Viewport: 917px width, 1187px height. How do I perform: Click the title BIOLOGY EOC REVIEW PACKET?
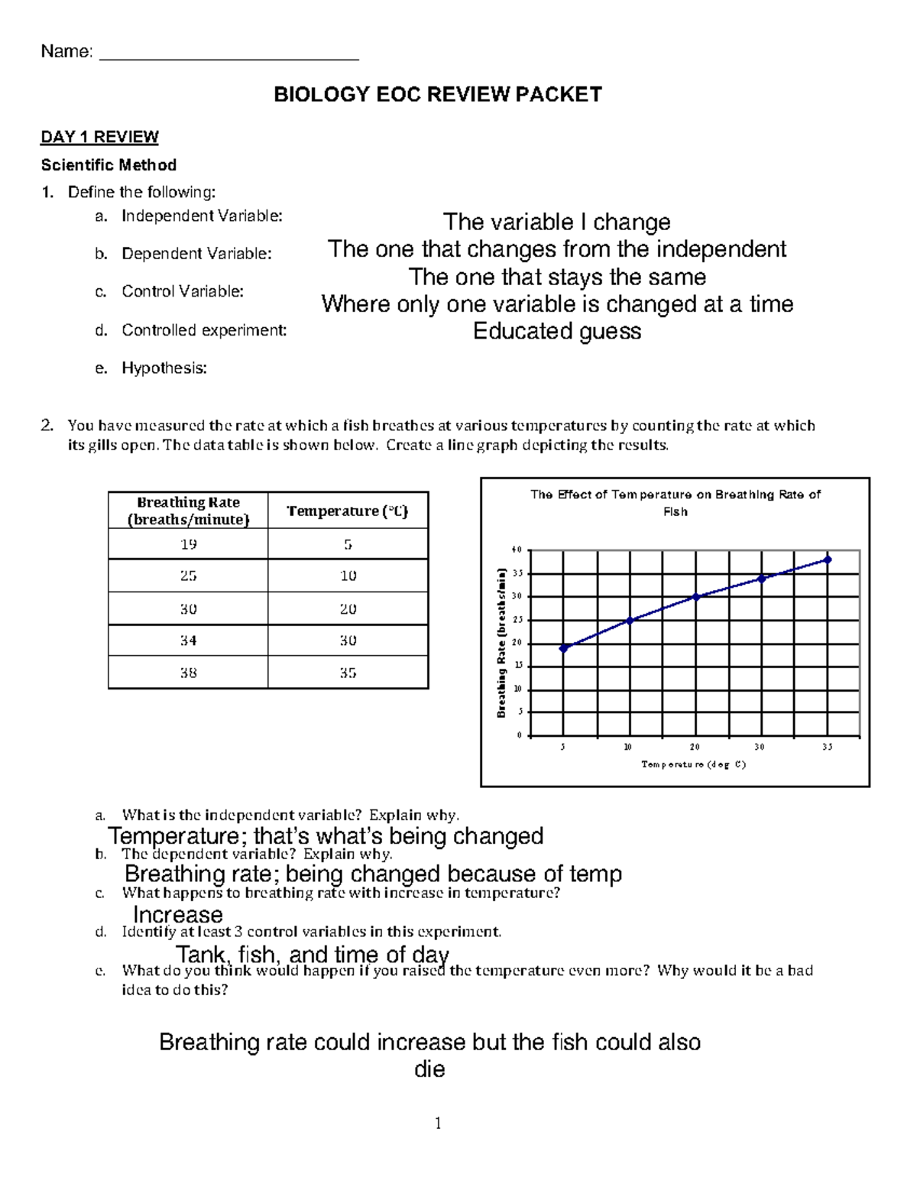pos(438,95)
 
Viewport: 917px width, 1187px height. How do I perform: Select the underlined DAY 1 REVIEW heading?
pos(99,137)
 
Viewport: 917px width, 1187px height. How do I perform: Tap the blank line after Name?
pos(229,54)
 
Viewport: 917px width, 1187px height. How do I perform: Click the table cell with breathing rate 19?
pos(188,544)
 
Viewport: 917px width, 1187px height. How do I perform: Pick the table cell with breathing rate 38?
pos(188,673)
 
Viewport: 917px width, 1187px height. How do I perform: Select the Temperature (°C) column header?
pos(348,511)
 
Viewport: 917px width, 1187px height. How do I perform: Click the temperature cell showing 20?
pos(348,609)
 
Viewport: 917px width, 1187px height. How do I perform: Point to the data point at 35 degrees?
pos(828,559)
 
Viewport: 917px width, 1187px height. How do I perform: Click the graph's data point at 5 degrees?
pos(564,648)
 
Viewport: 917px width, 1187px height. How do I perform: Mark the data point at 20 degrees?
pos(695,597)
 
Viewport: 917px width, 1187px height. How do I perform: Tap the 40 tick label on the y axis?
pos(517,550)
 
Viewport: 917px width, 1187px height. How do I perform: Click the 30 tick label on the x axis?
pos(760,747)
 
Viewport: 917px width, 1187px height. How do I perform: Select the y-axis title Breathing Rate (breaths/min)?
pos(502,642)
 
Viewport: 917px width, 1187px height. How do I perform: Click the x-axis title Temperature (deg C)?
pos(694,764)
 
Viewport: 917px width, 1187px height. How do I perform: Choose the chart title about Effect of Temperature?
pos(676,503)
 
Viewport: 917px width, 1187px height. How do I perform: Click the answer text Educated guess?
pos(557,331)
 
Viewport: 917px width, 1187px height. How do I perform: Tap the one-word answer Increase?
pos(178,914)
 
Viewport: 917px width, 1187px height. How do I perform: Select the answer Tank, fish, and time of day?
pos(313,954)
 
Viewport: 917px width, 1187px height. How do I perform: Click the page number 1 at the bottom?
pos(438,1123)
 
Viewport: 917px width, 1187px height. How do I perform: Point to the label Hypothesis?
pos(164,368)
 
